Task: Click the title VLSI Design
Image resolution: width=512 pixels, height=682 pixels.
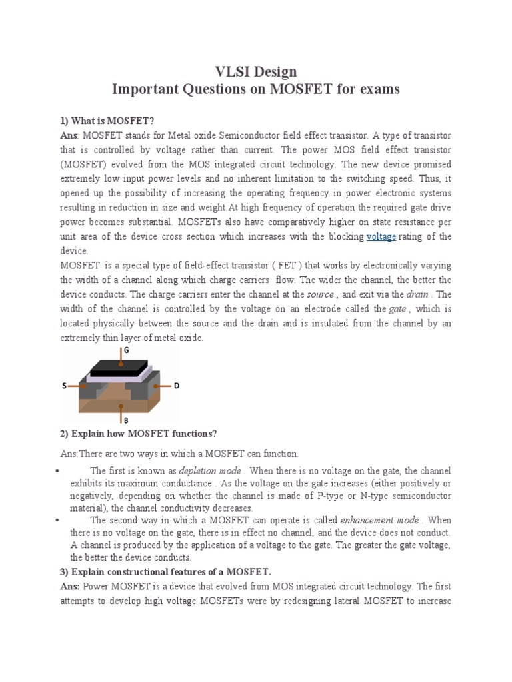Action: (x=255, y=71)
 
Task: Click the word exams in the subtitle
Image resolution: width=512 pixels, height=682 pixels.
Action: (x=380, y=89)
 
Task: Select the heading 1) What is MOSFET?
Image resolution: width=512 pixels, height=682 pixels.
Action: (x=107, y=121)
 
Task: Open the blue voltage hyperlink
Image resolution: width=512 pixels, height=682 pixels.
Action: (x=381, y=236)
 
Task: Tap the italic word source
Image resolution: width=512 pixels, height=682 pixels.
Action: (x=320, y=294)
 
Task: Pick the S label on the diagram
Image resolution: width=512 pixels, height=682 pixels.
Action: (x=65, y=385)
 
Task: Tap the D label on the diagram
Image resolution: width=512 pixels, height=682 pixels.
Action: (x=176, y=385)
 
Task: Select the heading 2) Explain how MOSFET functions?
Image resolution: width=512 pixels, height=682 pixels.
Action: (x=139, y=434)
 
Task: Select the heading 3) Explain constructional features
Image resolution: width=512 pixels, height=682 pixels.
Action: (x=165, y=572)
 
